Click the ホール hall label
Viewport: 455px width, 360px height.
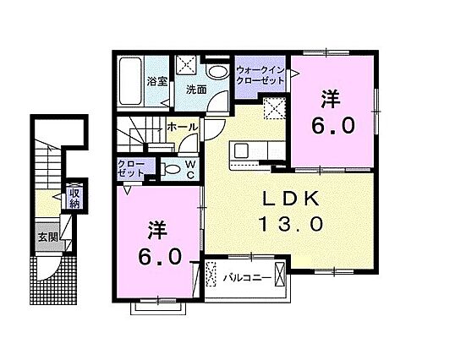(183, 127)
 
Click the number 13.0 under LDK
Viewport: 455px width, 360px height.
(290, 225)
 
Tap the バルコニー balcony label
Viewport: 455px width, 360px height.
(247, 275)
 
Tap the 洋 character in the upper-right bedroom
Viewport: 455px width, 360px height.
(331, 99)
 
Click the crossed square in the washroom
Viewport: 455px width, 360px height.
(187, 64)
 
